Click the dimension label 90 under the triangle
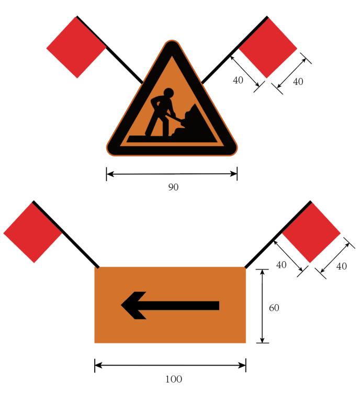(173, 187)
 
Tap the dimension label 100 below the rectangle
(174, 379)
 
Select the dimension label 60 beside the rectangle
(274, 308)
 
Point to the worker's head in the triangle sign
(168, 93)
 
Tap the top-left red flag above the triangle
(76, 48)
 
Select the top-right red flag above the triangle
(268, 48)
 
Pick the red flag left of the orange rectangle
(33, 232)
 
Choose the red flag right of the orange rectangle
(311, 232)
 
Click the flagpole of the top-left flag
(109, 49)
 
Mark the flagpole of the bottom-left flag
(66, 234)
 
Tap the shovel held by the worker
(175, 119)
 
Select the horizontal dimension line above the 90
(172, 174)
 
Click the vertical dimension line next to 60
(262, 306)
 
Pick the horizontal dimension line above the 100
(170, 365)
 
